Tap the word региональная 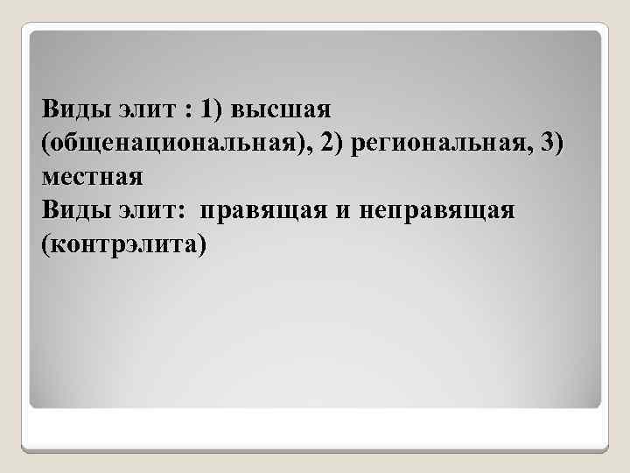[x=439, y=144]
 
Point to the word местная [x=91, y=176]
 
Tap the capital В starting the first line [x=50, y=110]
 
